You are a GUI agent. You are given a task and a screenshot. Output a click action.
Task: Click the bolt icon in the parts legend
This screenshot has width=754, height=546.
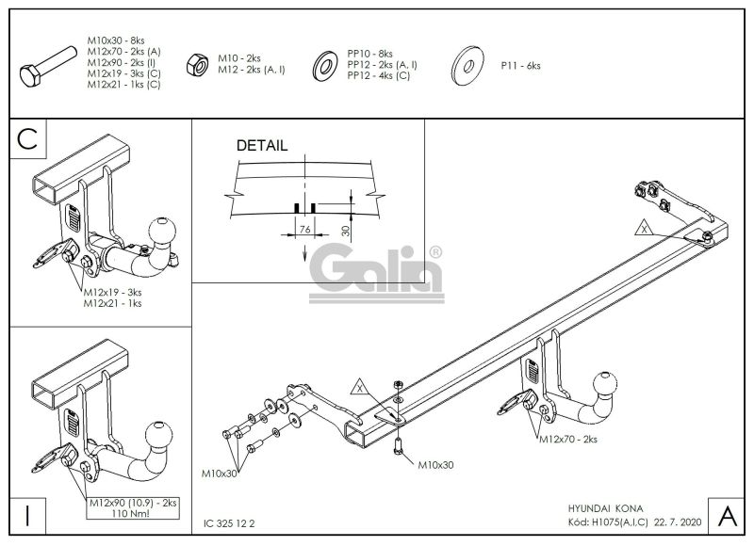[48, 66]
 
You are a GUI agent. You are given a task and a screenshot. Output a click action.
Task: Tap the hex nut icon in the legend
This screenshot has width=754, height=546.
[197, 65]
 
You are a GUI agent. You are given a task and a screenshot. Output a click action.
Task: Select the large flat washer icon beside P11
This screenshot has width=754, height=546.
[467, 66]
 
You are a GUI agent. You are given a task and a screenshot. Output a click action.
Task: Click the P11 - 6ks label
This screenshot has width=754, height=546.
[520, 66]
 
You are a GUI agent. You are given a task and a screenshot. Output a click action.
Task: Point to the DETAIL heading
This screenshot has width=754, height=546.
[262, 146]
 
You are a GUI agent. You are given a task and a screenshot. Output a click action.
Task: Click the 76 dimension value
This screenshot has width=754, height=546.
[304, 230]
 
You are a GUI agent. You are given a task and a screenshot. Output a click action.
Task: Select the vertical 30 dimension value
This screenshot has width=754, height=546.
[346, 231]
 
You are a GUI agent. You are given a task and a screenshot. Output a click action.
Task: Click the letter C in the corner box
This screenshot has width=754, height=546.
[27, 139]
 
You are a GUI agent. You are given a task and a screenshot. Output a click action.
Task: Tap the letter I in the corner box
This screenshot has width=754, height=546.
[27, 516]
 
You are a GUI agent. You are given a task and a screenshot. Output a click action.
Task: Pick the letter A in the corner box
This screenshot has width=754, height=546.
[727, 516]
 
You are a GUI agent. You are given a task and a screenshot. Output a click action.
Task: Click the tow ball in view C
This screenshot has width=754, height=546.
[162, 231]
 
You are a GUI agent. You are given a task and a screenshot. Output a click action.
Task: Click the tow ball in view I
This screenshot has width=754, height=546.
[158, 435]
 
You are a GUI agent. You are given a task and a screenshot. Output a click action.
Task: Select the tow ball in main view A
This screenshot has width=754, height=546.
[604, 384]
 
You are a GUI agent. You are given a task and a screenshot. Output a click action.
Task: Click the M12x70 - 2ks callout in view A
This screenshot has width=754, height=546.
[568, 439]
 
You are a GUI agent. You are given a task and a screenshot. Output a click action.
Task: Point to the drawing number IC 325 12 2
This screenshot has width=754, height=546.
[229, 523]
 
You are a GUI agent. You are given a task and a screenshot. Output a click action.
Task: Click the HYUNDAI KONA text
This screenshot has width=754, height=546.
[605, 508]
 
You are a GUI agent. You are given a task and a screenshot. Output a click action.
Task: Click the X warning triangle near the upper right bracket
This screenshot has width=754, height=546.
[645, 228]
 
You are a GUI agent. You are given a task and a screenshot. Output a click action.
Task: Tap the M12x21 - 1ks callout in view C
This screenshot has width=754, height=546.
[112, 303]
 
